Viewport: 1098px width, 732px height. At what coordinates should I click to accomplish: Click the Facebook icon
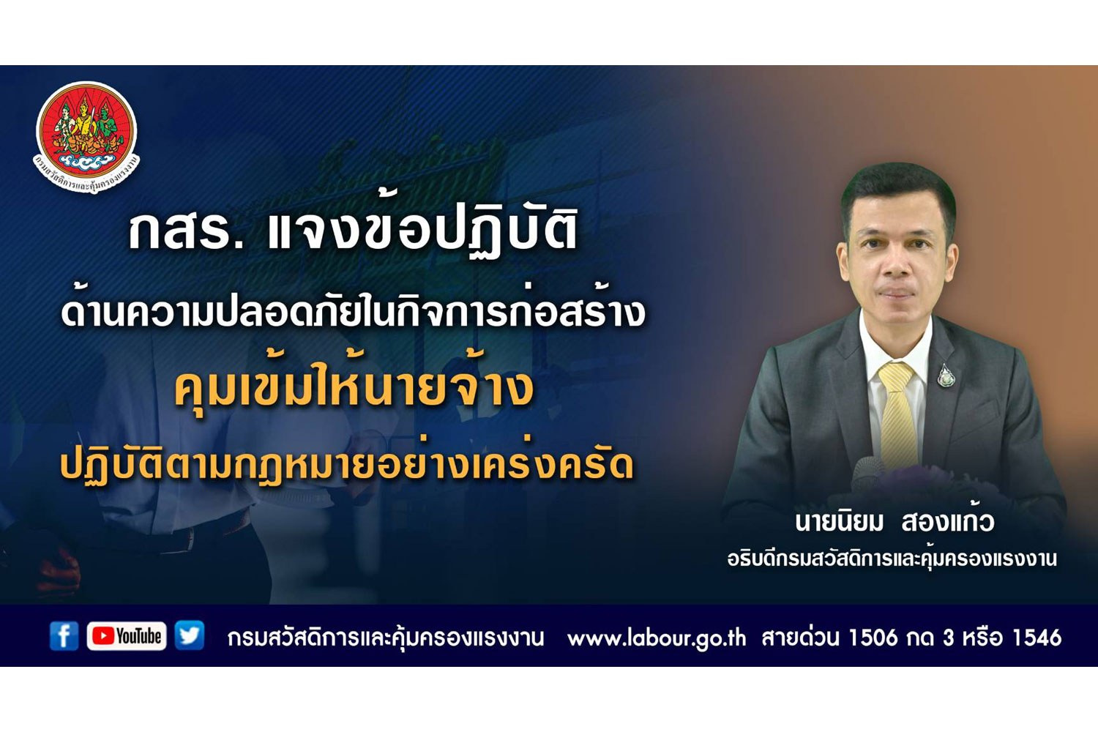[64, 636]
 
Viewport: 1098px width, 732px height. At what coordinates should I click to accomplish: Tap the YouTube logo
[127, 636]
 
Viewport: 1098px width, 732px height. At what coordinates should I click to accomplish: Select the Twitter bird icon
[189, 635]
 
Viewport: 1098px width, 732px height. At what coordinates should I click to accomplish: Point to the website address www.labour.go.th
[657, 638]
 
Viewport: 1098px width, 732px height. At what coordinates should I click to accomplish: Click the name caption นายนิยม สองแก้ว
[894, 522]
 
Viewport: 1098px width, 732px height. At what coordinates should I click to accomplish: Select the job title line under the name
[892, 559]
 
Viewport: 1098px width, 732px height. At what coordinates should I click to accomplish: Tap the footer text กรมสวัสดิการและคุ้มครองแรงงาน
[386, 638]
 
